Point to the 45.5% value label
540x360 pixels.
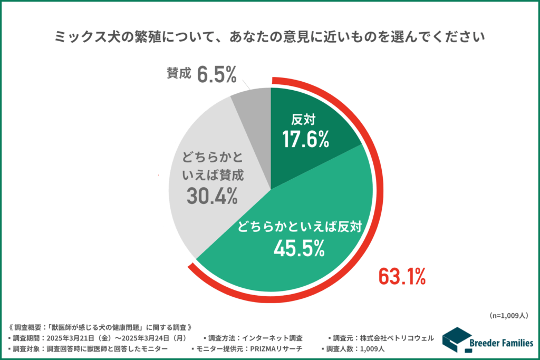(298, 248)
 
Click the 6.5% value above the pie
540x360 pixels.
(217, 75)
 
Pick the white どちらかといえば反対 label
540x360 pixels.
(298, 227)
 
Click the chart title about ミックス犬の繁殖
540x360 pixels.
(270, 37)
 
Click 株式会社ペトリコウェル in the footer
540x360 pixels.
(396, 338)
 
